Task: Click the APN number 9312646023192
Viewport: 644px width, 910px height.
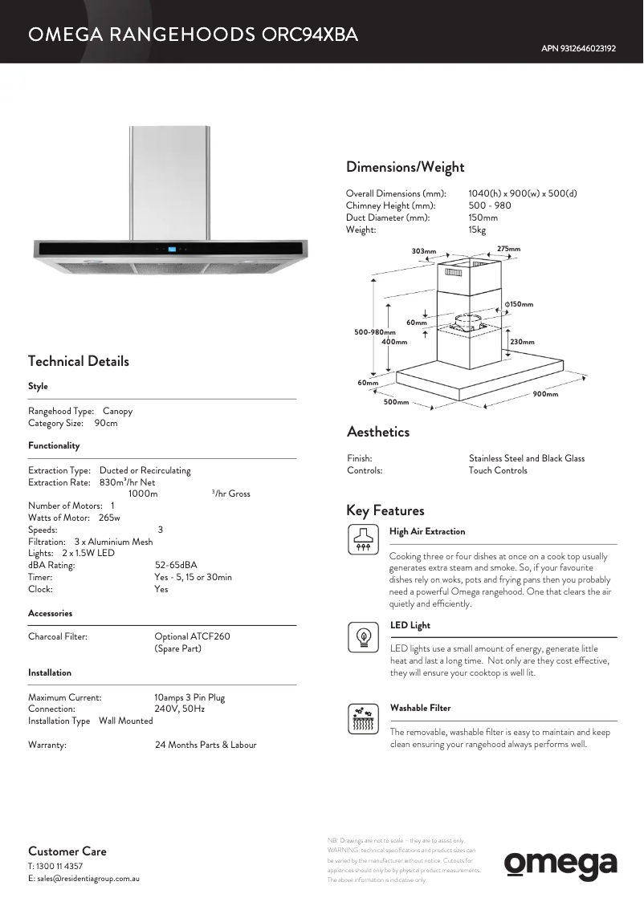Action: pyautogui.click(x=578, y=49)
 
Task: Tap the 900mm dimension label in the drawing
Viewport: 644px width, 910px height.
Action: pyautogui.click(x=545, y=394)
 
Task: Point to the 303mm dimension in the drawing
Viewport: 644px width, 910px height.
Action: pyautogui.click(x=424, y=251)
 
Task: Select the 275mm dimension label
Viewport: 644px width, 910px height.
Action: pyautogui.click(x=508, y=249)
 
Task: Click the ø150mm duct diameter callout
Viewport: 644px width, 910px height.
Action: pyautogui.click(x=519, y=304)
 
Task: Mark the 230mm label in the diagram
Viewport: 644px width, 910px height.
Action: pyautogui.click(x=522, y=342)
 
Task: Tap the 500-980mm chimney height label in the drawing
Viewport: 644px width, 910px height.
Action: pyautogui.click(x=375, y=332)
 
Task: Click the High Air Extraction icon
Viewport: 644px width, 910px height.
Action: pyautogui.click(x=362, y=538)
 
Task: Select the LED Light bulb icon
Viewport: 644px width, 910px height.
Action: pyautogui.click(x=362, y=636)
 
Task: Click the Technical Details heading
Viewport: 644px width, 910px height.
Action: pyautogui.click(x=78, y=361)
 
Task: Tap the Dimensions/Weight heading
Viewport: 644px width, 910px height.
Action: pyautogui.click(x=405, y=167)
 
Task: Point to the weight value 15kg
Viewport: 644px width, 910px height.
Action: pyautogui.click(x=477, y=230)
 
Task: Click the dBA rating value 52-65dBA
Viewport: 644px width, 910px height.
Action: pyautogui.click(x=176, y=565)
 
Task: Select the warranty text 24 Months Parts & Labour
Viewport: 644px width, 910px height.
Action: pyautogui.click(x=206, y=745)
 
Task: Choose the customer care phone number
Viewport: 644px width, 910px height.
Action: pyautogui.click(x=55, y=867)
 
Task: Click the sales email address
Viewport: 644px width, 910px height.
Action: pyautogui.click(x=88, y=879)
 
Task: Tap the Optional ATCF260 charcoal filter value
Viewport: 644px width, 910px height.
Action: pyautogui.click(x=192, y=636)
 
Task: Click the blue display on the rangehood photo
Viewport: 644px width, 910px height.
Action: pyautogui.click(x=173, y=248)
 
